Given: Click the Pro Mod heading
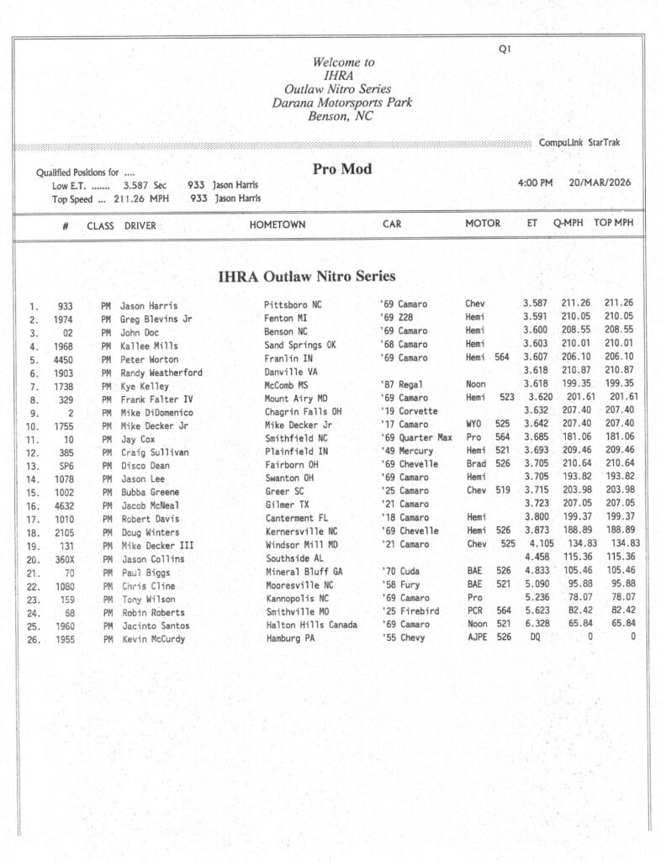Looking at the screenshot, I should (x=341, y=169).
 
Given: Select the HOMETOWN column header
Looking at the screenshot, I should (x=277, y=224).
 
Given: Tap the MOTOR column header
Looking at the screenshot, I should (x=483, y=224).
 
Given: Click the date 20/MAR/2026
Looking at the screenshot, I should (x=600, y=182).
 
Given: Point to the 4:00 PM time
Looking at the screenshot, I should (x=535, y=182).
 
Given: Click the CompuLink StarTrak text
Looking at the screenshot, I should (x=579, y=143).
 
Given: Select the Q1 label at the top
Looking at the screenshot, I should (x=505, y=50).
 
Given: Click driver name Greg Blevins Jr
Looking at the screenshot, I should (x=156, y=319).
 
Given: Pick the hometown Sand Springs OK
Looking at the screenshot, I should (x=299, y=346).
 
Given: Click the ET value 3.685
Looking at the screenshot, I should (x=536, y=437).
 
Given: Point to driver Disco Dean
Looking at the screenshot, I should (x=145, y=465).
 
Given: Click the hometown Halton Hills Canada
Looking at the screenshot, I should (x=310, y=626).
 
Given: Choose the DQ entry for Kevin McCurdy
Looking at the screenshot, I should (x=529, y=637).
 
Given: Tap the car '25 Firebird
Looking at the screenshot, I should (x=410, y=612).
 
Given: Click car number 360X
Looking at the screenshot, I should (x=65, y=559).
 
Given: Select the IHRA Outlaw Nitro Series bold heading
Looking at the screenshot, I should (x=306, y=276).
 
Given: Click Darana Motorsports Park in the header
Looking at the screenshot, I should (x=341, y=103).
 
